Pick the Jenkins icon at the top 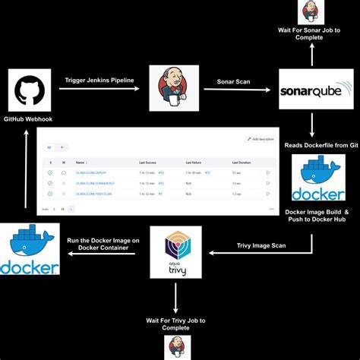(x=310, y=12)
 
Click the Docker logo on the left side (x=30, y=249)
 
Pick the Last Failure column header (x=194, y=163)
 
